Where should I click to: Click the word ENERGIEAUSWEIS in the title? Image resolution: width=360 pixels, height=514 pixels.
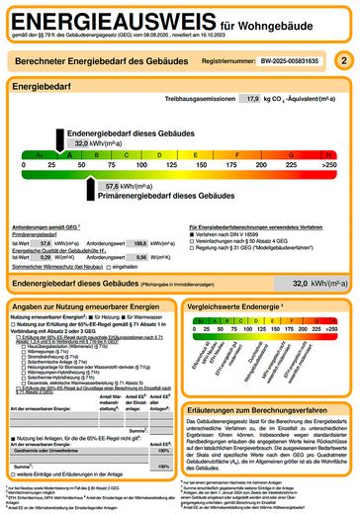pyautogui.click(x=109, y=20)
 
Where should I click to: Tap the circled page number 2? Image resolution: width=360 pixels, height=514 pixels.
pyautogui.click(x=342, y=61)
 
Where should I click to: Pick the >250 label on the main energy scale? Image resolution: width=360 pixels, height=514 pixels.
pyautogui.click(x=330, y=165)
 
